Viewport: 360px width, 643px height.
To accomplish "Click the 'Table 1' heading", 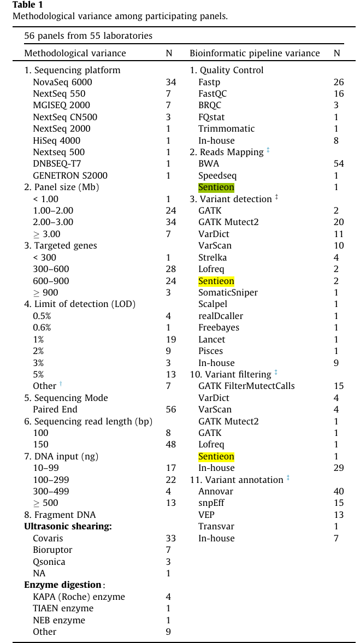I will tap(27, 5).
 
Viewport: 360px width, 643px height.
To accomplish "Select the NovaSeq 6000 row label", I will tap(62, 82).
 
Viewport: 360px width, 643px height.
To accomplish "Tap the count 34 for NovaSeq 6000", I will tap(171, 82).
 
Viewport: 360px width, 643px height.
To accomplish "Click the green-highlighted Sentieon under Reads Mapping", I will tap(216, 187).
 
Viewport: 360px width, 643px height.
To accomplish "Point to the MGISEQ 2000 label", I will tap(61, 105).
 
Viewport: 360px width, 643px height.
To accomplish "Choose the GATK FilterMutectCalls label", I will tap(246, 386).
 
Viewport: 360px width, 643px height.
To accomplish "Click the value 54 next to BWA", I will tap(339, 164).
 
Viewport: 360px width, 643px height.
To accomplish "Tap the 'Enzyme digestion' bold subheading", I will tap(63, 585).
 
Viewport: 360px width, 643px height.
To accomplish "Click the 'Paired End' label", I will tap(55, 409).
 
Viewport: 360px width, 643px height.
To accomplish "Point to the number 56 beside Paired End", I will tap(171, 409).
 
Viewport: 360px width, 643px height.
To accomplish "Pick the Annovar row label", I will tap(216, 491).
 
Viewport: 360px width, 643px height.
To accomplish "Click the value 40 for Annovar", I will tap(339, 491).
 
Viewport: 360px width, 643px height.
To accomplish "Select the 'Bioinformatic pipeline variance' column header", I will tap(255, 53).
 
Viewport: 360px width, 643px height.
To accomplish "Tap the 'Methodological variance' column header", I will tap(75, 53).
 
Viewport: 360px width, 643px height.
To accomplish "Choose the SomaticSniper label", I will tap(228, 292).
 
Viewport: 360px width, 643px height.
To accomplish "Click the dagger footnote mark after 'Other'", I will tap(61, 385).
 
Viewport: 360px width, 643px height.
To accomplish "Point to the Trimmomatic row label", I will tap(226, 128).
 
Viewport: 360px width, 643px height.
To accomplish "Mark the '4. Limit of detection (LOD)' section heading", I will tap(80, 304).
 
